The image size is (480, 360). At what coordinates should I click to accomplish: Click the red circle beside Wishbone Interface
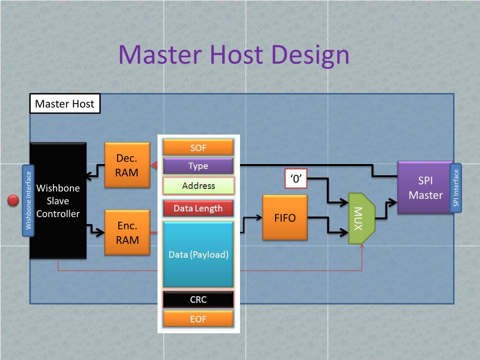pyautogui.click(x=13, y=201)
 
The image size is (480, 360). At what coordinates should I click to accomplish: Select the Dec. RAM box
pyautogui.click(x=127, y=165)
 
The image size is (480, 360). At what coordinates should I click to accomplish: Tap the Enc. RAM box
pyautogui.click(x=127, y=232)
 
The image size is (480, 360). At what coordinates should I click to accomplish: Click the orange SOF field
pyautogui.click(x=198, y=147)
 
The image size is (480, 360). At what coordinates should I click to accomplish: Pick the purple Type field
pyautogui.click(x=198, y=165)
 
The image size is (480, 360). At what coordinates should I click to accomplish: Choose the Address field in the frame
pyautogui.click(x=198, y=186)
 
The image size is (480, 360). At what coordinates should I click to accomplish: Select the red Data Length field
pyautogui.click(x=198, y=208)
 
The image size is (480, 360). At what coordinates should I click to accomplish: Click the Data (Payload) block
pyautogui.click(x=198, y=254)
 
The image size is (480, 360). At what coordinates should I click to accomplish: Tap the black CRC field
pyautogui.click(x=198, y=299)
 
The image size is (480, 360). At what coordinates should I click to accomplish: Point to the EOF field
pyautogui.click(x=198, y=319)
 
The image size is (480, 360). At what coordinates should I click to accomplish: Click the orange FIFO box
pyautogui.click(x=285, y=217)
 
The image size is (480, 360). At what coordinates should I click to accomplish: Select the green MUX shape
pyautogui.click(x=361, y=218)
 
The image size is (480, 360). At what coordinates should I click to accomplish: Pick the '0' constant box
pyautogui.click(x=296, y=178)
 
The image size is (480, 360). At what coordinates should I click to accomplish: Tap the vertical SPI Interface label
pyautogui.click(x=456, y=187)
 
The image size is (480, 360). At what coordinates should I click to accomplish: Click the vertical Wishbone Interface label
pyautogui.click(x=28, y=201)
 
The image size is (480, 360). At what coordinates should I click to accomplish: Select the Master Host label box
pyautogui.click(x=65, y=104)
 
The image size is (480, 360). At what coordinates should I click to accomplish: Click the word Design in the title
pyautogui.click(x=310, y=55)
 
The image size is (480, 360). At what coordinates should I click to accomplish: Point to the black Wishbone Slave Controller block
pyautogui.click(x=58, y=201)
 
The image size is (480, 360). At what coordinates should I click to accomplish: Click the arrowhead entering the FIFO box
pyautogui.click(x=259, y=217)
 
